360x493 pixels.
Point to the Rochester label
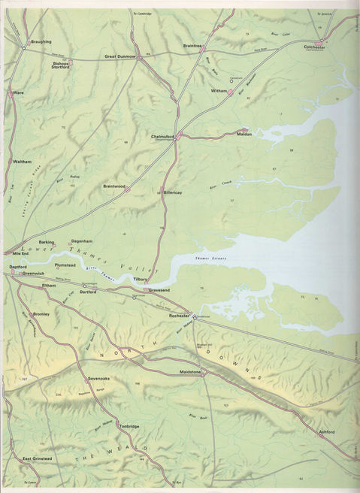click(x=179, y=316)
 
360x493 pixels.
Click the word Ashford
click(x=325, y=432)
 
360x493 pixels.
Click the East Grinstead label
click(x=36, y=458)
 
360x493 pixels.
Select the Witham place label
click(x=219, y=90)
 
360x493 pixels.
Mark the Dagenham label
click(x=80, y=241)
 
